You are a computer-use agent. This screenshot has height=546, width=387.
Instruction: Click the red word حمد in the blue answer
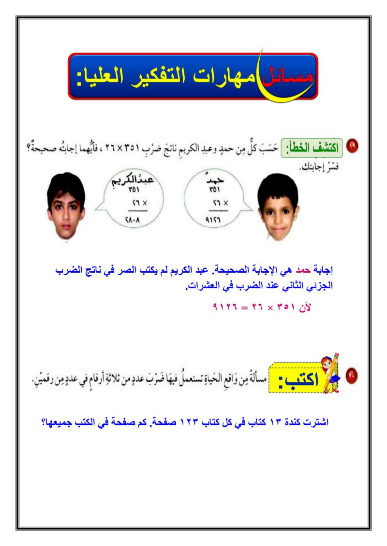[303, 270]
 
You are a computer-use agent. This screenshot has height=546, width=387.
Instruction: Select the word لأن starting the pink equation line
[303, 308]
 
